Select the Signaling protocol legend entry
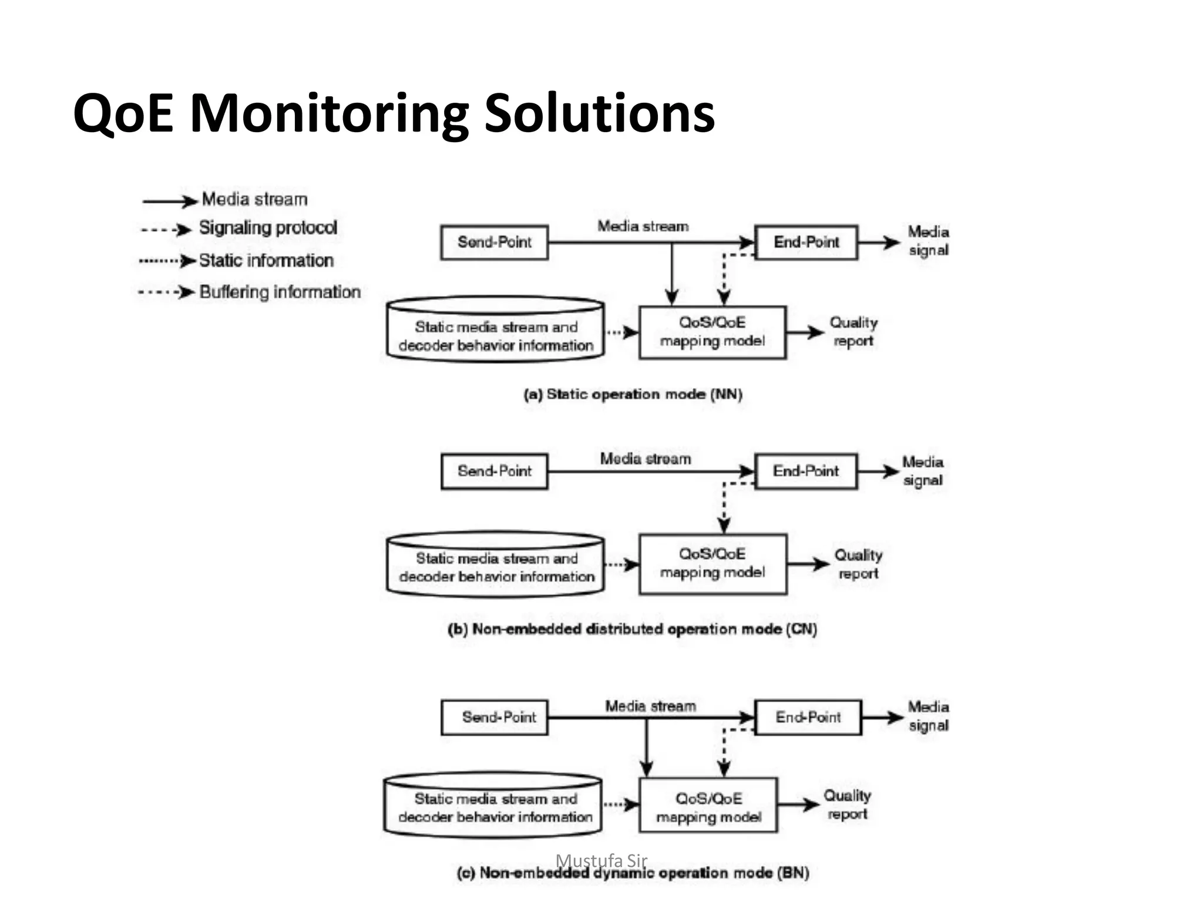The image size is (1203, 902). pos(267,228)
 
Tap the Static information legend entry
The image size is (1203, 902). pos(266,260)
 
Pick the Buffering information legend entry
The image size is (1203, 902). pos(280,292)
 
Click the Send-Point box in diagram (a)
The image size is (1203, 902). pos(494,242)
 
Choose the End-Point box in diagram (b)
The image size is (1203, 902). pos(805,471)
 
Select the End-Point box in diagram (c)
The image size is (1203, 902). pos(808,717)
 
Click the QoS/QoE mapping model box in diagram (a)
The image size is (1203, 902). pos(712,332)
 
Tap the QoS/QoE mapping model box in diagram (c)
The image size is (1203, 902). pos(708,805)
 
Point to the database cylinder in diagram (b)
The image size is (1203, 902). pos(495,565)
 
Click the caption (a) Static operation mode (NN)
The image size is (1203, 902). pos(633,394)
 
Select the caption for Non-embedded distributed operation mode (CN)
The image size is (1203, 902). pos(632,629)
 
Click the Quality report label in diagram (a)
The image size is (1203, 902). pos(853,332)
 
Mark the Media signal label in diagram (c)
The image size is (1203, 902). pos(928,716)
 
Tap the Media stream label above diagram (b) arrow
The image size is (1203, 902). pos(645,459)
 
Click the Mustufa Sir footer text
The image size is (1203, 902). pos(601,860)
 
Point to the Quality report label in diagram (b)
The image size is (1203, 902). pos(858,564)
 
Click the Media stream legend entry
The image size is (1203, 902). pos(254,200)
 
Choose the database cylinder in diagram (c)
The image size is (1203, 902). pos(493,805)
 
